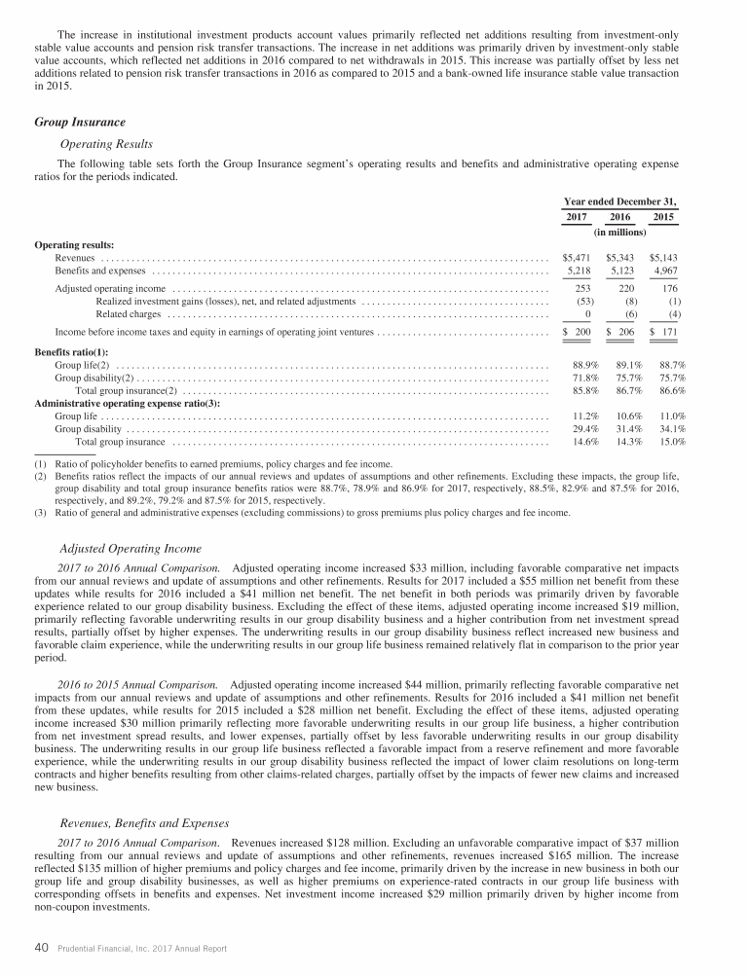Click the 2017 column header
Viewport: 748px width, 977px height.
pos(577,217)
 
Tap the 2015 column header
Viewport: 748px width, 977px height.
pos(663,217)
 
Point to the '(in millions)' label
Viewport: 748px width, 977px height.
pos(620,234)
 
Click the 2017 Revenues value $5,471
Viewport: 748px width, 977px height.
pos(579,258)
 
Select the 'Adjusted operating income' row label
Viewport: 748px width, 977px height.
pos(110,289)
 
